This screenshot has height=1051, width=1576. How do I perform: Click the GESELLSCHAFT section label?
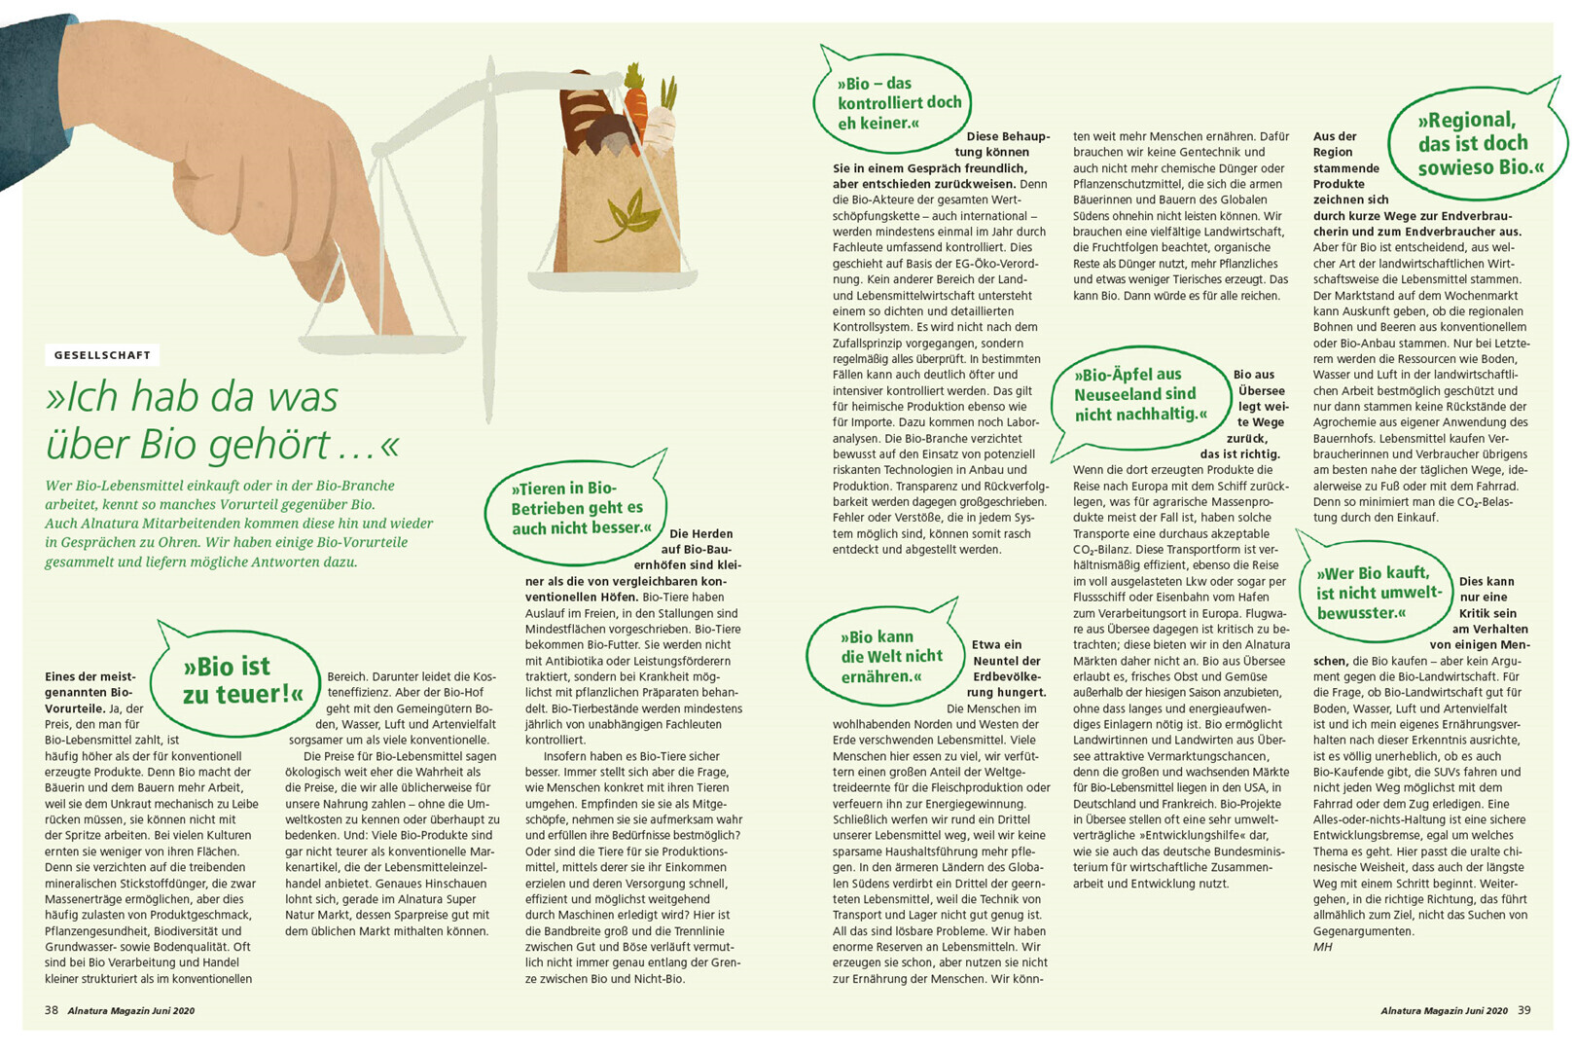coord(102,355)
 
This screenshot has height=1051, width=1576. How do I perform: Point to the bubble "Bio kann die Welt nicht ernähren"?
coord(891,657)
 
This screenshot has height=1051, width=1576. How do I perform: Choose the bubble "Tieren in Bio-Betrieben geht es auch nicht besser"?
coord(577,508)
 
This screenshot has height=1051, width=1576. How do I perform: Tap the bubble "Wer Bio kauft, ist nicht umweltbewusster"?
coord(1376,593)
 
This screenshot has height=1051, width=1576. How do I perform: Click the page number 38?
coord(52,1010)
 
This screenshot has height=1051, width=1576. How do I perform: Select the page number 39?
coord(1523,1010)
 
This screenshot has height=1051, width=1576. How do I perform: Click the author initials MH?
coord(1322,947)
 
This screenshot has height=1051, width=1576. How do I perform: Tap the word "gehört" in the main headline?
coord(267,445)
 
